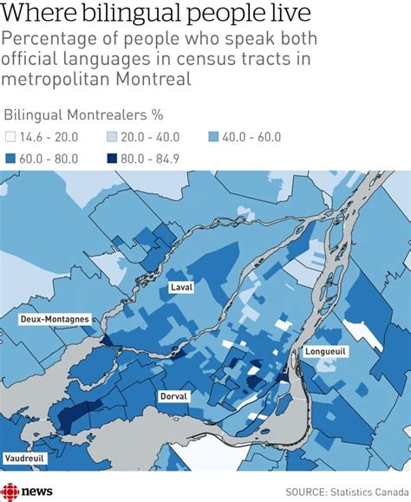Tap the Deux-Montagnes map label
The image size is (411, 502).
[55, 319]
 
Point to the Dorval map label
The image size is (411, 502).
[173, 396]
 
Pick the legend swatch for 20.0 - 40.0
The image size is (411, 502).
[112, 137]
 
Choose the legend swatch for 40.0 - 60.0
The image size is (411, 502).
[213, 137]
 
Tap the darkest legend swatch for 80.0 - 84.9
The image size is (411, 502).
[112, 159]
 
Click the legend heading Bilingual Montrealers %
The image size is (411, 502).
[83, 114]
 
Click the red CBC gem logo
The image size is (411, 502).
[10, 491]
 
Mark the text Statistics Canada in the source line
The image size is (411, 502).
[362, 492]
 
